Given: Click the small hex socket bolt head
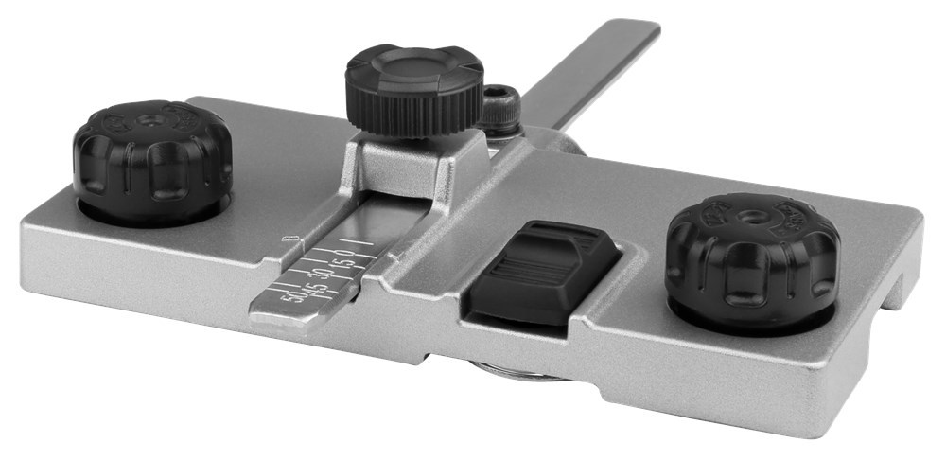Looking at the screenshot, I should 500,107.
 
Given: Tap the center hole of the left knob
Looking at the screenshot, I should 151,122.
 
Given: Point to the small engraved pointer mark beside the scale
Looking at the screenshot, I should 289,238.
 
